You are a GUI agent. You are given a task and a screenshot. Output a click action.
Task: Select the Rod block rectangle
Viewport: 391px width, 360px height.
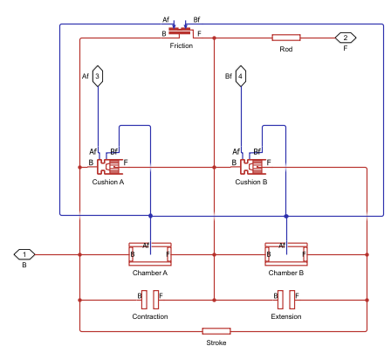coord(286,38)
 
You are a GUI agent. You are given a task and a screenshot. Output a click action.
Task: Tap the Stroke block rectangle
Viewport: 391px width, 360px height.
coord(216,331)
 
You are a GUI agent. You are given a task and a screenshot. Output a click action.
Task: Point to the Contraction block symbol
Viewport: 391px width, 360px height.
coord(150,300)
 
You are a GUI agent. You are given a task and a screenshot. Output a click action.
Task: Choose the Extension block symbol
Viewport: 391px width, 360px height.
coord(286,300)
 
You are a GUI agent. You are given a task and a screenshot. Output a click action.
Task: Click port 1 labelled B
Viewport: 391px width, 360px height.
coord(24,254)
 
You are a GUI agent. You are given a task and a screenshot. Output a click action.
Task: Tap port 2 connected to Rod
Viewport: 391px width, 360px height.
coord(346,38)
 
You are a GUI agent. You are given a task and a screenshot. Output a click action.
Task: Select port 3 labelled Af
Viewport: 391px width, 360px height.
coord(98,76)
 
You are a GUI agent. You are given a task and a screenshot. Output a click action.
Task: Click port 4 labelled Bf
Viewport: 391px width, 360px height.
coord(240,76)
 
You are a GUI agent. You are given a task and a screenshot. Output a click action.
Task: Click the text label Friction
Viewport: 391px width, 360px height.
coord(182,45)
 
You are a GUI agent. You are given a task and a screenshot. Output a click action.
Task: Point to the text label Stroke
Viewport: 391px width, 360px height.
coord(216,343)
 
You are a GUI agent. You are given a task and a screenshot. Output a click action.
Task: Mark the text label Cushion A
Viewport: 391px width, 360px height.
coord(108,182)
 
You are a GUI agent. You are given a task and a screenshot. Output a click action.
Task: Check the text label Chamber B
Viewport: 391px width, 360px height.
coord(286,273)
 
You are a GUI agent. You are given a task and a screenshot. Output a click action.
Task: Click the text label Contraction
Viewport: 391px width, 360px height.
coord(150,316)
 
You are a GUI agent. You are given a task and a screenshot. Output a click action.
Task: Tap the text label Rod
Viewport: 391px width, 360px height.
coord(286,49)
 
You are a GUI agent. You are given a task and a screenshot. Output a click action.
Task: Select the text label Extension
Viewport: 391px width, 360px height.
coord(286,316)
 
